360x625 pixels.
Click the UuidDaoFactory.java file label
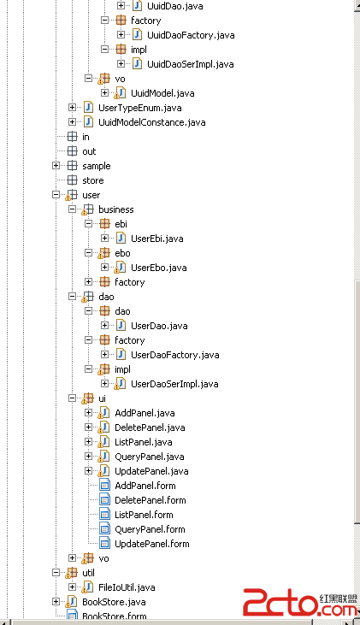coord(191,35)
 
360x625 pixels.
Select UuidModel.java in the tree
coord(162,93)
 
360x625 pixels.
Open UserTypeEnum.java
coord(140,108)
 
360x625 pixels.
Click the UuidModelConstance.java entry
coord(152,122)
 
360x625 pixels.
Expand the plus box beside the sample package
coord(56,165)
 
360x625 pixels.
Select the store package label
coord(93,180)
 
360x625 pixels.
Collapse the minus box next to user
coord(56,195)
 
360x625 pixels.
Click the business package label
coord(116,209)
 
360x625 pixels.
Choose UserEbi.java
coord(157,239)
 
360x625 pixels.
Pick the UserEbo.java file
coord(159,268)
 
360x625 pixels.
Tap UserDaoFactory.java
coord(175,355)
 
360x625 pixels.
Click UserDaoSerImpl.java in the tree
coord(174,384)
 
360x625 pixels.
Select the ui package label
coord(102,398)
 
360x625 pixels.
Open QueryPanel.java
coord(150,457)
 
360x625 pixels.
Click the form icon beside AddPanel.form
coord(104,486)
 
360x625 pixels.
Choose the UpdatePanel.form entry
coord(152,544)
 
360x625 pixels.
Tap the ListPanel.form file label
coord(144,515)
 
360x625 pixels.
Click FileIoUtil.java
coord(127,587)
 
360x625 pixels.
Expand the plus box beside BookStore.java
coord(56,601)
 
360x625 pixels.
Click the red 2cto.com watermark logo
coord(300,603)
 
